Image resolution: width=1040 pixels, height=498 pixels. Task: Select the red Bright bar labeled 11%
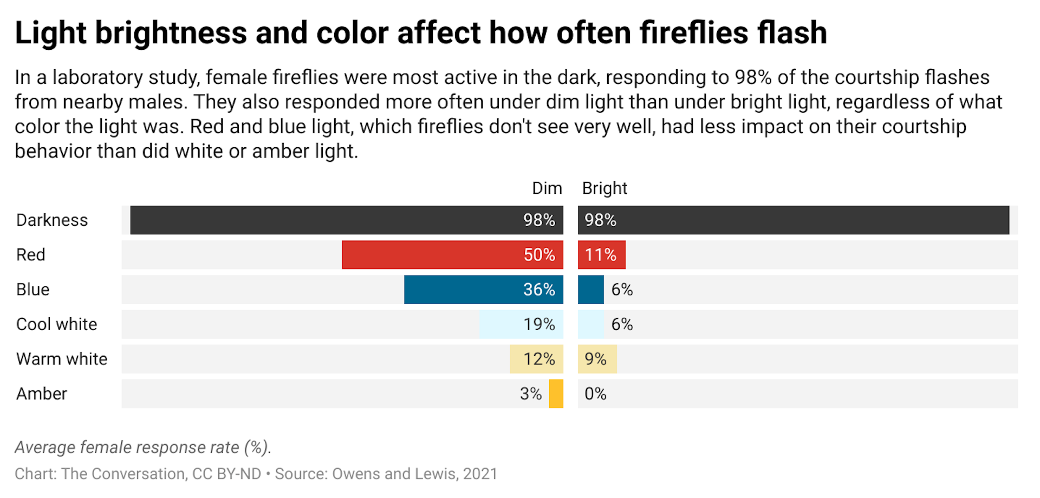pyautogui.click(x=601, y=255)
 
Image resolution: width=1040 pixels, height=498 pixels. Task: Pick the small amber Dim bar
pyautogui.click(x=556, y=394)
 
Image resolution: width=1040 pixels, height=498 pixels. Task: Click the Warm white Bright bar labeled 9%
pyautogui.click(x=597, y=359)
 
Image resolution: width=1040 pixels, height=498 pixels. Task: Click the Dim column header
pyautogui.click(x=547, y=188)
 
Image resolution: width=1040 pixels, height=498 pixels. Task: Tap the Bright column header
pyautogui.click(x=604, y=188)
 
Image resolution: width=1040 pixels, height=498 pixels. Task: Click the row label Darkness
pyautogui.click(x=52, y=220)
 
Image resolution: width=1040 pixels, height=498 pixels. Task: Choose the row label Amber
pyautogui.click(x=42, y=394)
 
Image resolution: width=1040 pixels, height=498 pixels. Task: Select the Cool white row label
pyautogui.click(x=57, y=324)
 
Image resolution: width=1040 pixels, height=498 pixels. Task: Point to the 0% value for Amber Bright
pyautogui.click(x=595, y=394)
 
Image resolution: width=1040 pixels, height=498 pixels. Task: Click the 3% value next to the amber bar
pyautogui.click(x=531, y=394)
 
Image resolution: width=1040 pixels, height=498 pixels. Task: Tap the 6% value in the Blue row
pyautogui.click(x=622, y=290)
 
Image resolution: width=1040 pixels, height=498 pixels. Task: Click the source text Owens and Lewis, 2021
pyautogui.click(x=414, y=474)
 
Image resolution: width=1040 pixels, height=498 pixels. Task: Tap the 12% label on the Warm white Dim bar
pyautogui.click(x=539, y=359)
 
